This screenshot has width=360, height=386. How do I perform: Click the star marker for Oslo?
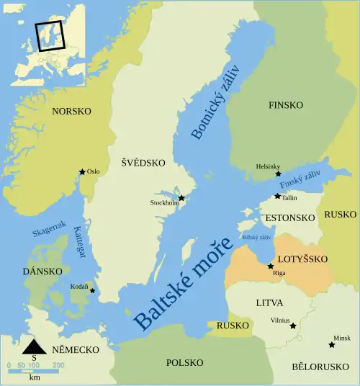tap(82, 172)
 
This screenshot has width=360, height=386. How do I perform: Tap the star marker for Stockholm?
tap(181, 198)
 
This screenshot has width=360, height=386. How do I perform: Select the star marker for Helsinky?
tap(278, 174)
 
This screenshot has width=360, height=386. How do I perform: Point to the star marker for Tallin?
tap(278, 196)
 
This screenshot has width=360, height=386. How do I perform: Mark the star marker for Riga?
tap(271, 266)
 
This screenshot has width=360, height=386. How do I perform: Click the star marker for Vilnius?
tap(292, 326)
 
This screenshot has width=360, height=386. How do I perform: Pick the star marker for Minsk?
tap(331, 345)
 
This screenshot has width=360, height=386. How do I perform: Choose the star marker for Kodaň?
tap(91, 292)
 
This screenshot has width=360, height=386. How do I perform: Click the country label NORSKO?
tap(71, 112)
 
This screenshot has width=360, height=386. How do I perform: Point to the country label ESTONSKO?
tap(290, 217)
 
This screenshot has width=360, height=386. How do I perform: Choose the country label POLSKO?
tap(185, 362)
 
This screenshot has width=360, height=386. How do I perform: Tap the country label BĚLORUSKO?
tap(320, 367)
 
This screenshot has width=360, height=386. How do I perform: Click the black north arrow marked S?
tap(33, 349)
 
